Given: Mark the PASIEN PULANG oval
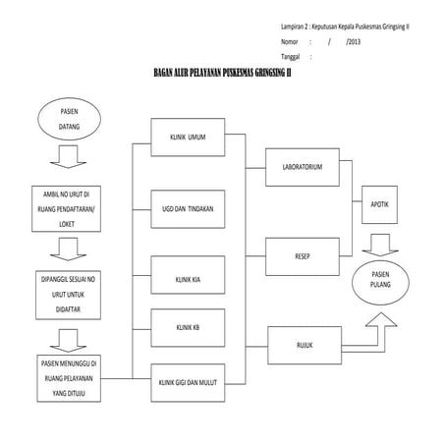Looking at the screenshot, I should click(x=380, y=277).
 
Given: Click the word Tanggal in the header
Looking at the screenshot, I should click(x=292, y=58).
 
